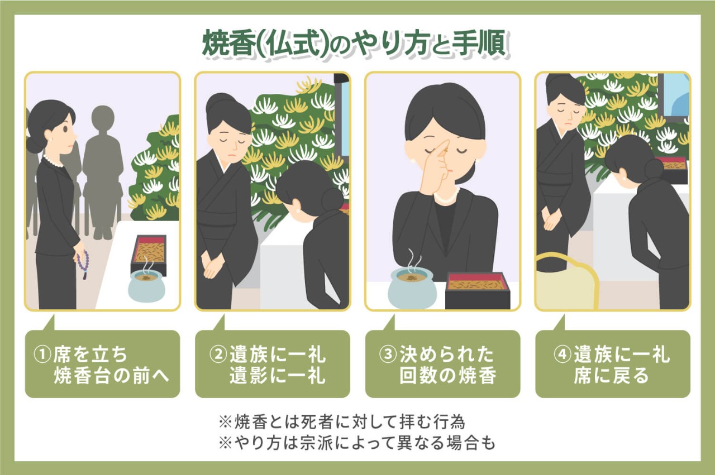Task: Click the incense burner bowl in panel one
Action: click(x=146, y=286)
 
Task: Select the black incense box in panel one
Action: click(x=149, y=252)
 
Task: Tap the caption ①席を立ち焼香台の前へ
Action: click(x=103, y=364)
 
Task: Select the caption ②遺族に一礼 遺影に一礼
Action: click(x=273, y=364)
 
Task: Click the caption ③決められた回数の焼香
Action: click(x=442, y=364)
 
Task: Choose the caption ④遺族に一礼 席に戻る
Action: click(x=613, y=364)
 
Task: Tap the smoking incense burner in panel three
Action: click(x=411, y=286)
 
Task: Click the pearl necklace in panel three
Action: click(x=447, y=198)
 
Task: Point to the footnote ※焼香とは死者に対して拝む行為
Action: click(x=341, y=421)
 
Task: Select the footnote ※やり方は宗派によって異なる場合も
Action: click(x=357, y=442)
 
